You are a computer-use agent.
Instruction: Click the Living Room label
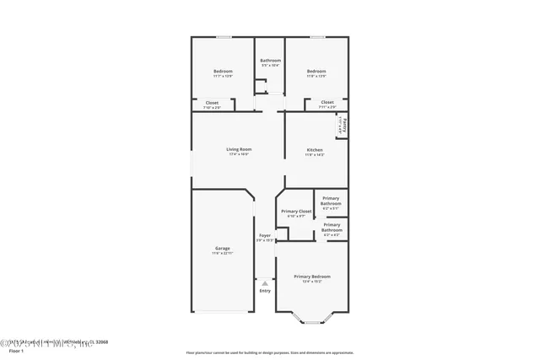(239, 149)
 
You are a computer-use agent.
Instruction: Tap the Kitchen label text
(314, 149)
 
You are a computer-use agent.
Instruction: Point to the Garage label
(222, 248)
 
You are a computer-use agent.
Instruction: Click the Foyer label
(265, 235)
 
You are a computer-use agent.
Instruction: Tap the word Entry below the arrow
(265, 291)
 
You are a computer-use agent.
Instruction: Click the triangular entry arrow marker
(265, 282)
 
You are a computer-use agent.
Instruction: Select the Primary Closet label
(296, 211)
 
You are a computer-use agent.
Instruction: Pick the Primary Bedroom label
(311, 277)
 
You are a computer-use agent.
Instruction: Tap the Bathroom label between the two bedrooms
(270, 60)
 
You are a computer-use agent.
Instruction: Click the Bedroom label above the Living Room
(222, 71)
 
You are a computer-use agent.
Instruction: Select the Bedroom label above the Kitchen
(316, 71)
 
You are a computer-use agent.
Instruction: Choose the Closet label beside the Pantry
(327, 103)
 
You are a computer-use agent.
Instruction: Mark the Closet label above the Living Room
(212, 103)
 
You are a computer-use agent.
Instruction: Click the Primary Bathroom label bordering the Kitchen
(331, 201)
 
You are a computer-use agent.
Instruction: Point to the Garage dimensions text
(222, 253)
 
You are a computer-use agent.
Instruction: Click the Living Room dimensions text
(239, 154)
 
